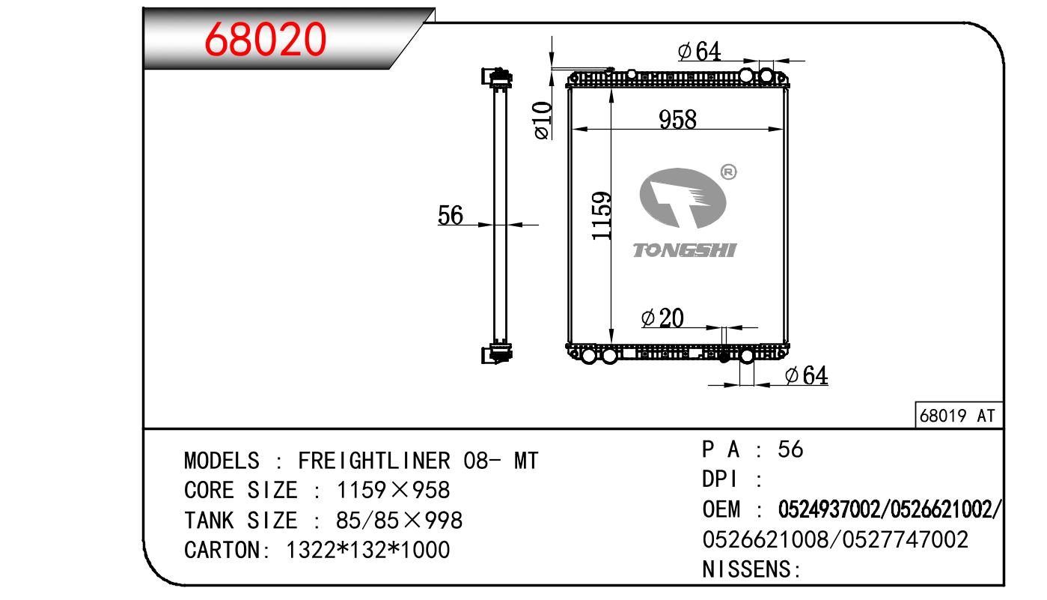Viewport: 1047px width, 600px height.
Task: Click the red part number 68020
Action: tap(265, 39)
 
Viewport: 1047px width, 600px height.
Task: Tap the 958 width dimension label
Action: tap(677, 119)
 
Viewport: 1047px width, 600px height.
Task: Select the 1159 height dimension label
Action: tap(601, 216)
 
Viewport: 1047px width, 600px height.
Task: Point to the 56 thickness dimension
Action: tap(450, 215)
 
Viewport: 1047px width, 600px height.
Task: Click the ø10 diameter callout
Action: tap(542, 120)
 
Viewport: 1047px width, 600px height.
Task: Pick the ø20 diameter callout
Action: tap(662, 318)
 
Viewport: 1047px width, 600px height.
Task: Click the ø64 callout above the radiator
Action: tap(699, 51)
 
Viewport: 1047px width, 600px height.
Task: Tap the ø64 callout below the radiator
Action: tap(806, 375)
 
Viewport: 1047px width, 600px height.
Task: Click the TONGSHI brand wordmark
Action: tap(684, 251)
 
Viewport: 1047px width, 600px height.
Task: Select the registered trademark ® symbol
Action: tap(728, 172)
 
